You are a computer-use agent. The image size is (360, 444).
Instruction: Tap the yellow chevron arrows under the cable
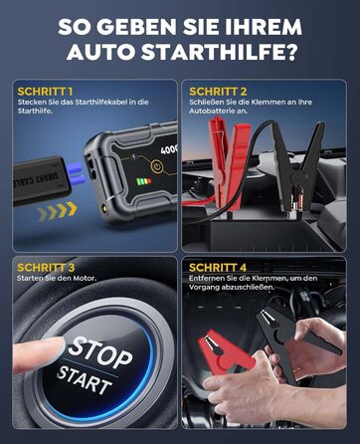pos(58,209)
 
